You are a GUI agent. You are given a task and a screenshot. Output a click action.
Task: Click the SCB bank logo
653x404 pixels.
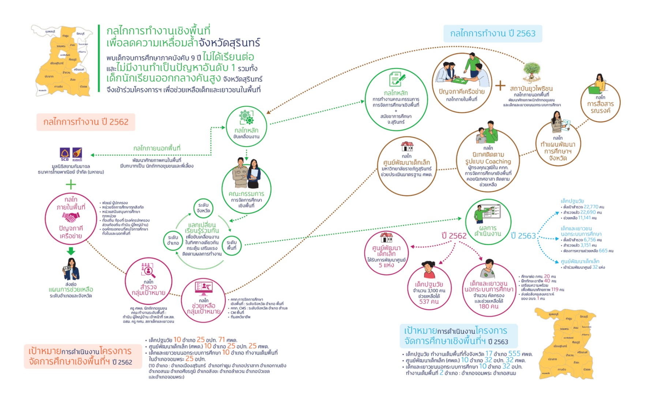[x=65, y=154]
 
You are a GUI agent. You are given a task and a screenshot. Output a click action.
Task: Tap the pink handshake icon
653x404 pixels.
[x=71, y=218]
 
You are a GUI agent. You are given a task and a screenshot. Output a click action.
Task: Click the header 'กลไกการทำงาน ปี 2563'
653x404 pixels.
[x=492, y=34]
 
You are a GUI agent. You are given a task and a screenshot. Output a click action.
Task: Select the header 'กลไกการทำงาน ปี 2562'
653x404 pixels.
[x=86, y=122]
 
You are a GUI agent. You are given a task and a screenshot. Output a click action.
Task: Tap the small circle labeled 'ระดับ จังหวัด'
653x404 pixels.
[x=203, y=208]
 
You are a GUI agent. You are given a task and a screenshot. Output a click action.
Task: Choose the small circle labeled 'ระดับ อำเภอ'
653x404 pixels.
[x=173, y=240]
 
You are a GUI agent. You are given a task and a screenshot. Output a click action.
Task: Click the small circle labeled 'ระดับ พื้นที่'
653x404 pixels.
[x=232, y=245]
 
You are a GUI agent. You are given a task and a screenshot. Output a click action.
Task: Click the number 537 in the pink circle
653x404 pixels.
[x=424, y=302]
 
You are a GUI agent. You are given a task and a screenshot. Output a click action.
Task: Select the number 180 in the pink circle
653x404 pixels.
[x=484, y=307]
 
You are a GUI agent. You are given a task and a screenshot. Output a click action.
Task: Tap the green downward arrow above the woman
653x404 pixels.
[x=71, y=251]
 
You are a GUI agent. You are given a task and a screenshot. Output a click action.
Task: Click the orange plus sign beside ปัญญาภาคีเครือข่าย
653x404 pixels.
[x=500, y=86]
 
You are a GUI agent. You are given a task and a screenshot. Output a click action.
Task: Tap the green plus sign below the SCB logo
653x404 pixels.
[x=71, y=185]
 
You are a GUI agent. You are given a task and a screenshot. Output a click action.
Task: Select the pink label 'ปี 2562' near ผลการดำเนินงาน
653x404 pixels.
[x=454, y=236]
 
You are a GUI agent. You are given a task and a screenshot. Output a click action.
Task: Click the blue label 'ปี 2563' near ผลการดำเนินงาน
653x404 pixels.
[x=523, y=236]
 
